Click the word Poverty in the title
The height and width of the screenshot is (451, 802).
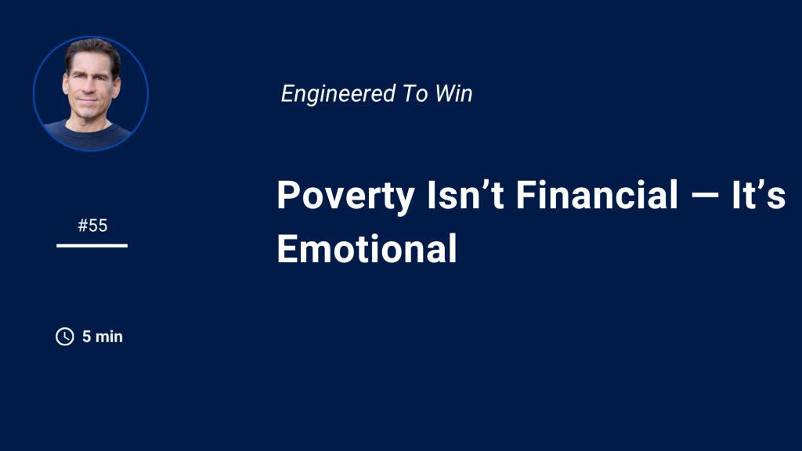pyautogui.click(x=345, y=197)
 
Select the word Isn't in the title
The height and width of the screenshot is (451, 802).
pyautogui.click(x=465, y=194)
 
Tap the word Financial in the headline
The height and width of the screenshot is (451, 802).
pyautogui.click(x=597, y=194)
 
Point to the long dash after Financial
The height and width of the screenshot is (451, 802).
pyautogui.click(x=704, y=195)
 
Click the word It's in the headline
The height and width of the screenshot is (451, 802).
pyautogui.click(x=758, y=194)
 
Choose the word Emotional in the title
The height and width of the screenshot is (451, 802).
pyautogui.click(x=367, y=248)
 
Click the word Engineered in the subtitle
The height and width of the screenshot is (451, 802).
pyautogui.click(x=338, y=94)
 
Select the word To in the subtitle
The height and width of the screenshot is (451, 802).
pyautogui.click(x=415, y=94)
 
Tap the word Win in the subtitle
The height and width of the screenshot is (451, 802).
pyautogui.click(x=453, y=94)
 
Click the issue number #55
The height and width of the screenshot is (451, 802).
pyautogui.click(x=92, y=225)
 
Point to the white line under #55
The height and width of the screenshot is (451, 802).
pyautogui.click(x=92, y=246)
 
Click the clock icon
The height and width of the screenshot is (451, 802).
pyautogui.click(x=65, y=337)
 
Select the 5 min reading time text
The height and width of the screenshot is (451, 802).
pyautogui.click(x=103, y=337)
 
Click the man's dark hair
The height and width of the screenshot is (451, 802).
pyautogui.click(x=92, y=50)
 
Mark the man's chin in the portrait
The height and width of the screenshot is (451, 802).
pyautogui.click(x=89, y=114)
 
